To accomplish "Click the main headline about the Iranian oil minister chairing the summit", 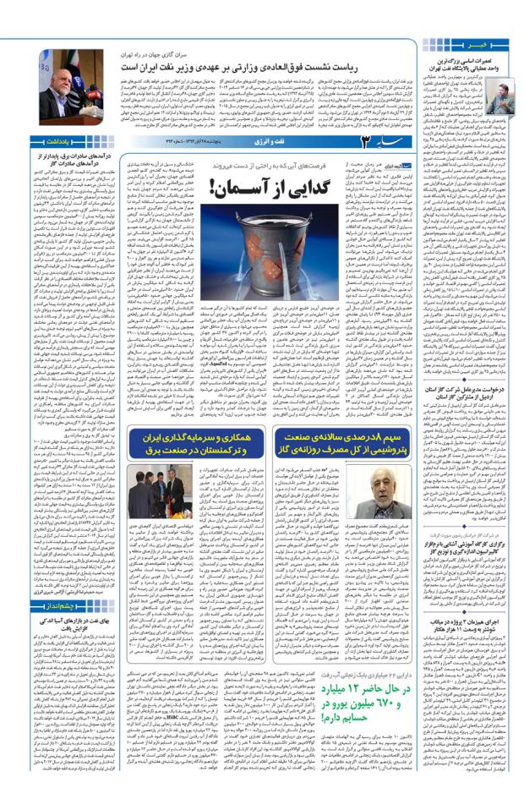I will coord(279,65).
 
